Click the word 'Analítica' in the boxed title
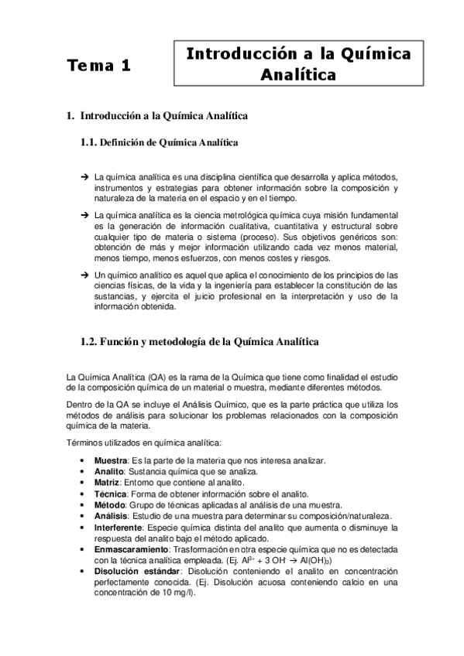(x=298, y=75)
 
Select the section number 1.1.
(x=91, y=142)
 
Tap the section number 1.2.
(x=91, y=340)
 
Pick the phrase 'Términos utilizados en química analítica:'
(x=144, y=442)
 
